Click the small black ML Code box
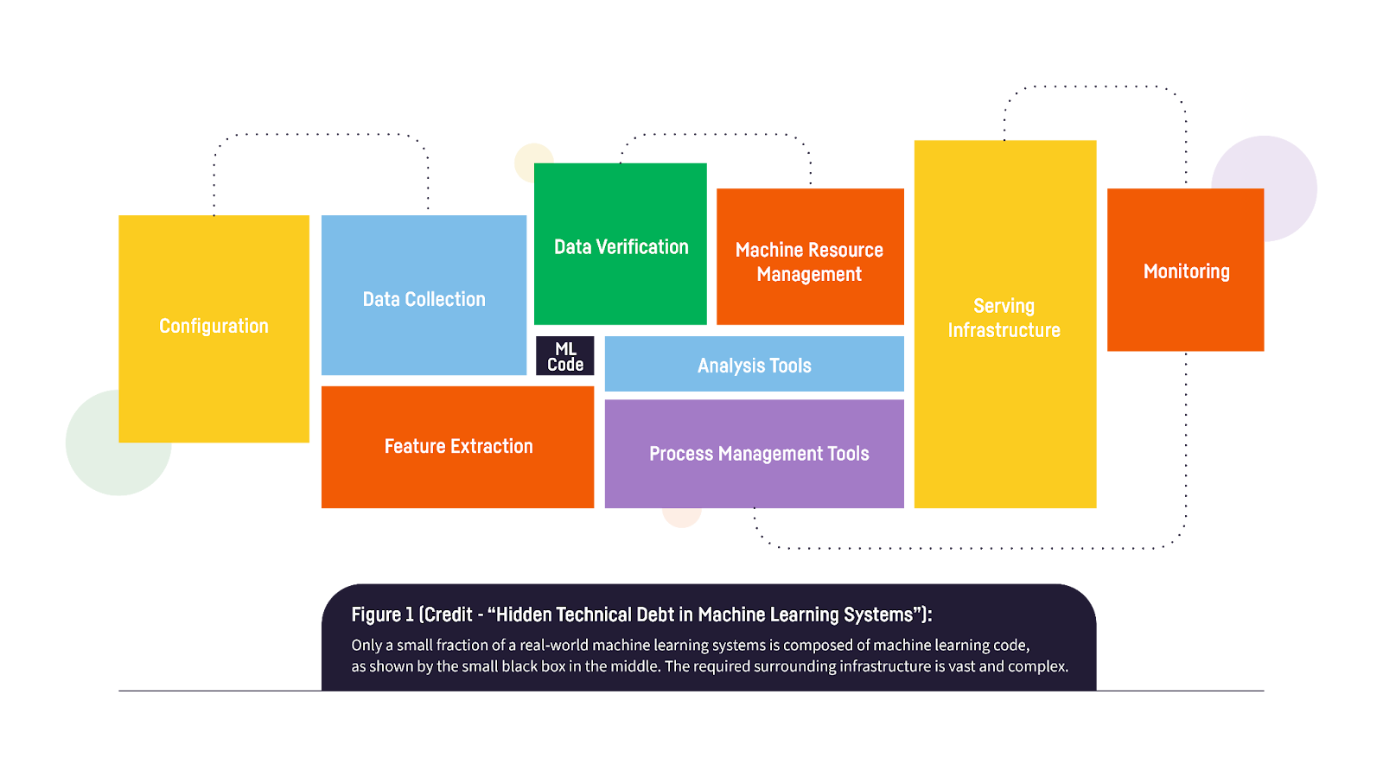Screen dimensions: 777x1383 tap(565, 356)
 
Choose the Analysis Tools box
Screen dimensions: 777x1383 tap(755, 365)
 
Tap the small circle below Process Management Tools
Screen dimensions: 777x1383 tap(681, 517)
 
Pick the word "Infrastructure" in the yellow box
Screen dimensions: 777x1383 tap(1004, 330)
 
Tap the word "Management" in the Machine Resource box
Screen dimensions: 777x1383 tap(809, 274)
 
